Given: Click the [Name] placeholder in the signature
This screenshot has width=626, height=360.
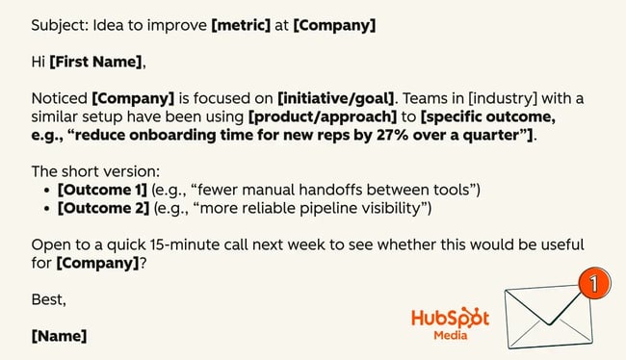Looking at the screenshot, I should click(x=59, y=337).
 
